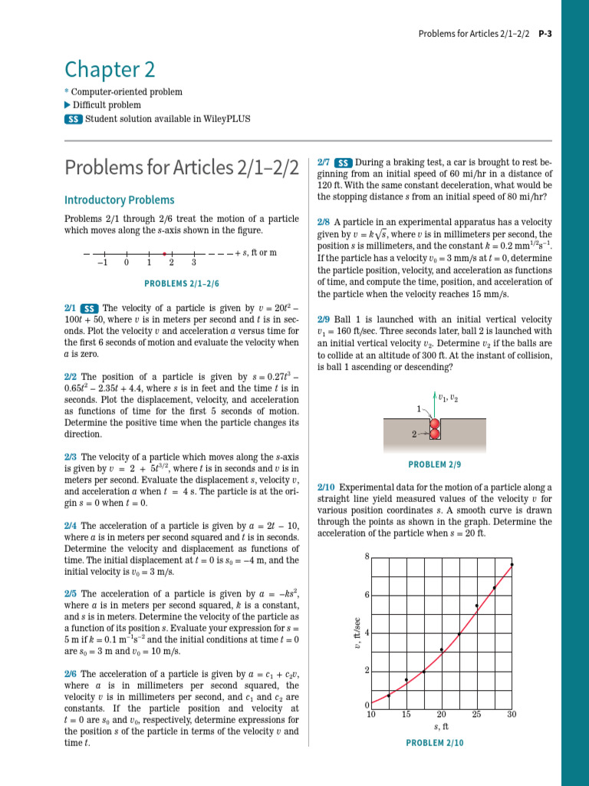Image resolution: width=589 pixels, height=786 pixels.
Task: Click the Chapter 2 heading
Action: pos(110,70)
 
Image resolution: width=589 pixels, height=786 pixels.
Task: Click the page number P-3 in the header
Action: pos(545,34)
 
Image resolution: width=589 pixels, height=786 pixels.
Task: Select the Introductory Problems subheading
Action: pos(119,200)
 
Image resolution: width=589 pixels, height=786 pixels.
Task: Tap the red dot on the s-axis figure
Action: pos(164,253)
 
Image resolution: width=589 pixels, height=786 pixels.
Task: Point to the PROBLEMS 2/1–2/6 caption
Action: pos(182,283)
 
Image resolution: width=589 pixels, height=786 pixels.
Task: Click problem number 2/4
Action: pos(71,526)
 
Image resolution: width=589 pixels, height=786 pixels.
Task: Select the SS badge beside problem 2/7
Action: pos(344,163)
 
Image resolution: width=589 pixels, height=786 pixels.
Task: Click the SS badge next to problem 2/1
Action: pos(90,308)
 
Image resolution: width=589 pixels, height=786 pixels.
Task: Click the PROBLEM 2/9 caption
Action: pos(435,464)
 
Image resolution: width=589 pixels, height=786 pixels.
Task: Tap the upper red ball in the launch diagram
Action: pos(435,424)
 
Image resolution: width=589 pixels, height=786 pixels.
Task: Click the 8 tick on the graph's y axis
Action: pos(367,556)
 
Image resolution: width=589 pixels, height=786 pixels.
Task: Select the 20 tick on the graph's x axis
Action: pos(442,715)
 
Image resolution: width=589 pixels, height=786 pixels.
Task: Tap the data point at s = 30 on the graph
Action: pos(512,565)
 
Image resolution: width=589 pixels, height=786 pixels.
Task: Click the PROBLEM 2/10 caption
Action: pos(435,742)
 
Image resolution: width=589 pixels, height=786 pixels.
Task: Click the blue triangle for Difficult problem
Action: pos(67,105)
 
